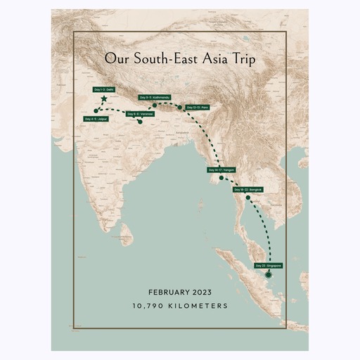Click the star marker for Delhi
point(104,100)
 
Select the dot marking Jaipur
point(96,111)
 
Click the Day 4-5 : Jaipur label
point(96,119)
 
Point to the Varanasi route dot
point(141,122)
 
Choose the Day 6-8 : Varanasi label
point(140,113)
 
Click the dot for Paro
point(181,108)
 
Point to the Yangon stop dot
point(221,179)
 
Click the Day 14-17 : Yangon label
point(221,170)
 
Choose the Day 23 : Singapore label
point(269,265)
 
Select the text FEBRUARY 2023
point(180,292)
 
